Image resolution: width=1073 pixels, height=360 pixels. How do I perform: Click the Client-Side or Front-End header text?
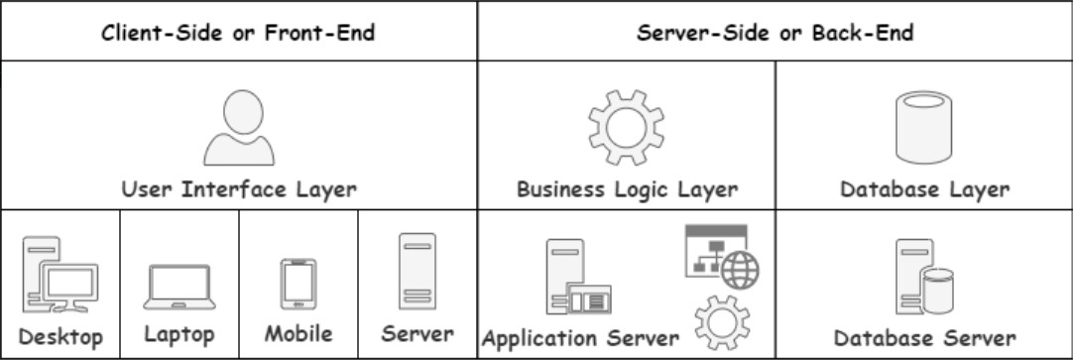[x=239, y=32]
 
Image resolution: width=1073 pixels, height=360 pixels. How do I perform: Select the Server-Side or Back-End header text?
[x=775, y=32]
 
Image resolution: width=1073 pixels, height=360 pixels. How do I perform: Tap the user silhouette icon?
[x=239, y=129]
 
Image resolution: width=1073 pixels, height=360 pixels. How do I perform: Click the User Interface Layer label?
[x=239, y=189]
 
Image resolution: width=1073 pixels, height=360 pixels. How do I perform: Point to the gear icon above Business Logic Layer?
[x=626, y=126]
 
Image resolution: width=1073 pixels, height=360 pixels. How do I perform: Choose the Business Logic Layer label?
[x=627, y=189]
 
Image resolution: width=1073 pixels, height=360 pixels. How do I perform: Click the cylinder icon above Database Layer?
[x=923, y=126]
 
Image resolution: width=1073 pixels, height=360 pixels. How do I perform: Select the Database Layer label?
[x=923, y=189]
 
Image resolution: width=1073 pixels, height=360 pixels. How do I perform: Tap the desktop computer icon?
[x=60, y=276]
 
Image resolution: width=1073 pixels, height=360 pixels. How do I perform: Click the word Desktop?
[x=60, y=337]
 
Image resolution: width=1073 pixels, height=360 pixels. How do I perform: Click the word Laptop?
[x=179, y=334]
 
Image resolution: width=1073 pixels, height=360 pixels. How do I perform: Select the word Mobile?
[x=298, y=333]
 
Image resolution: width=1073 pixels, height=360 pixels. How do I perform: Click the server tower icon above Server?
[x=417, y=272]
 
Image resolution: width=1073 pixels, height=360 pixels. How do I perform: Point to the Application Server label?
[x=580, y=337]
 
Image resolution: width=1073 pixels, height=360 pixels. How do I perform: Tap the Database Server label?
[x=924, y=337]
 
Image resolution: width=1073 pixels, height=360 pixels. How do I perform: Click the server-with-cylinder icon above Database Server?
[x=924, y=278]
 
